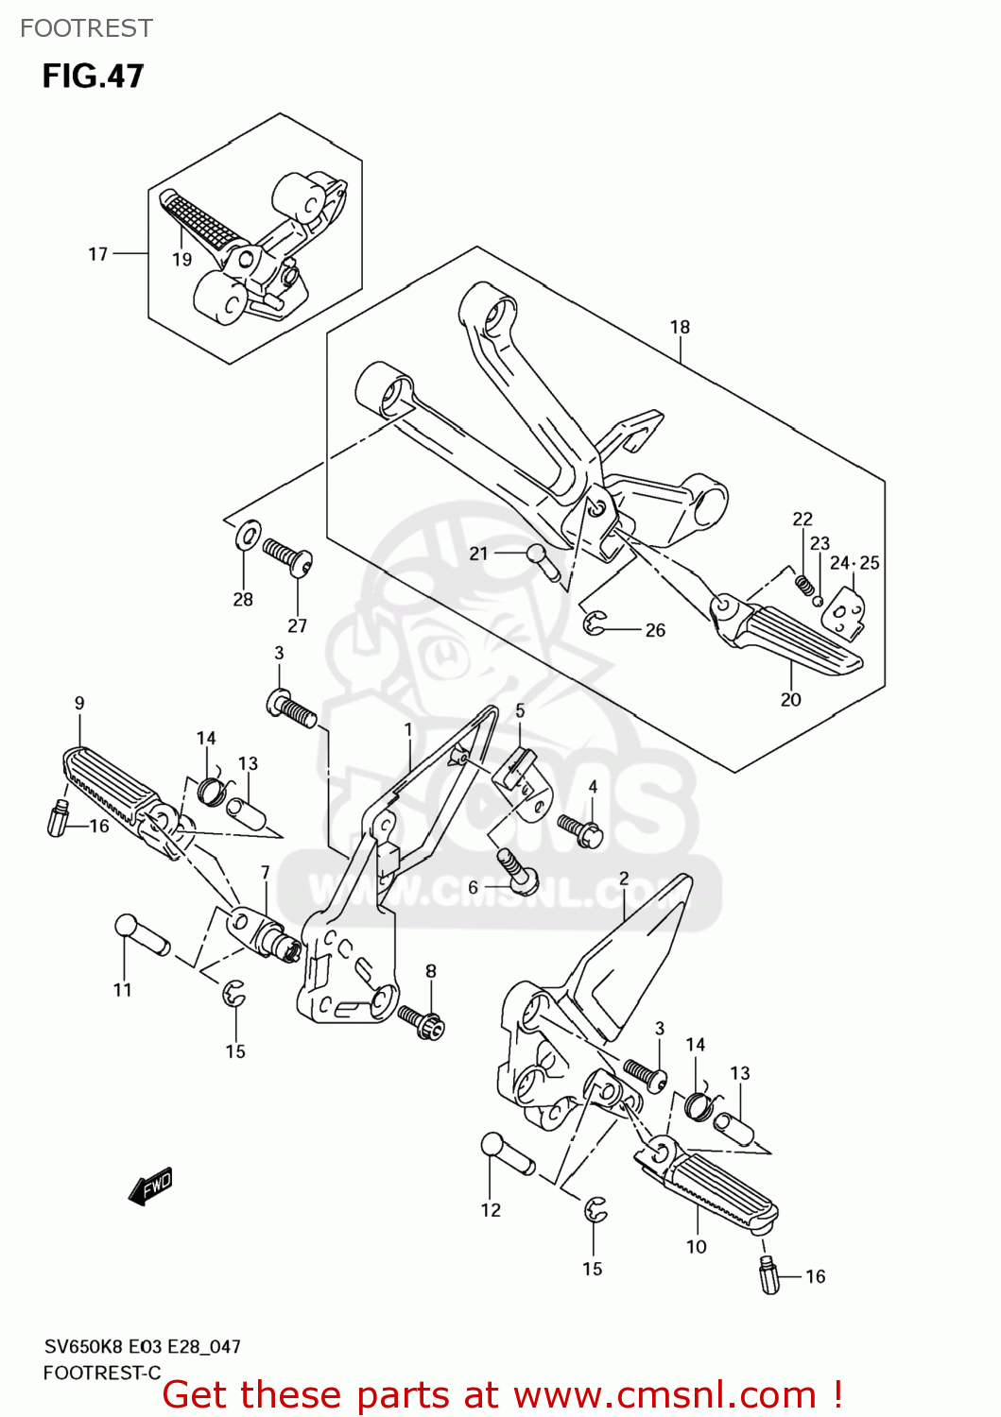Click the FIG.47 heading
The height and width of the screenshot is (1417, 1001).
click(93, 76)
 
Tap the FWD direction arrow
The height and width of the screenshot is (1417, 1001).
click(151, 1186)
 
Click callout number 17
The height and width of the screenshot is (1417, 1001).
click(98, 254)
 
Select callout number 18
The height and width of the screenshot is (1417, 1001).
click(680, 327)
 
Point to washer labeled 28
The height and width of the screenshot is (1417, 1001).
click(248, 536)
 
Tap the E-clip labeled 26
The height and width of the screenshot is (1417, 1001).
click(594, 623)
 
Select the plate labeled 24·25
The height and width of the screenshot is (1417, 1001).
click(844, 612)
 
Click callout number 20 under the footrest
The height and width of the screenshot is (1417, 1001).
click(790, 700)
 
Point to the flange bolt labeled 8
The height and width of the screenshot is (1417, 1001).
click(422, 1022)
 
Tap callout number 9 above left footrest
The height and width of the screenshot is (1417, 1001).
click(79, 703)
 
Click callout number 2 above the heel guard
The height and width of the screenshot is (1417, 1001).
click(624, 879)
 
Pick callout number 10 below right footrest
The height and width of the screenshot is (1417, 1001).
click(696, 1247)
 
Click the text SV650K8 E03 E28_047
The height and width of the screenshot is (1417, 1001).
click(142, 1347)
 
